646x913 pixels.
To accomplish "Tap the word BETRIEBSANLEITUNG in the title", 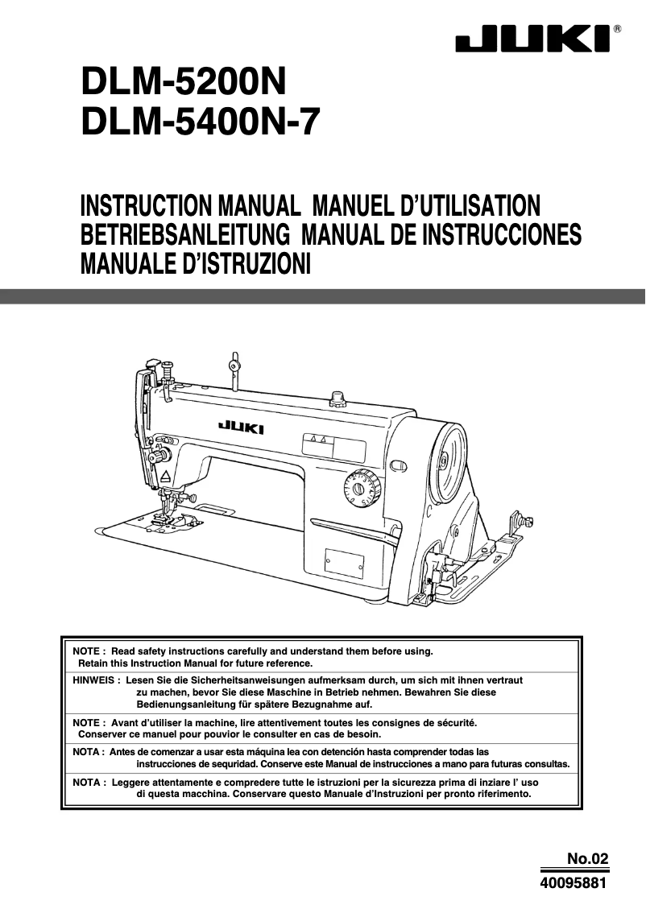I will pos(185,233).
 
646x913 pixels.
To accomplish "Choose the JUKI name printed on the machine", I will pos(241,428).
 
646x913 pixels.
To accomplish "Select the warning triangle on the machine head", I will pos(165,476).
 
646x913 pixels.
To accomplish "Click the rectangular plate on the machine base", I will pos(344,564).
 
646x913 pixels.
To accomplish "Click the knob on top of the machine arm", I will pos(339,396).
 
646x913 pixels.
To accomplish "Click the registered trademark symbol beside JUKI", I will pos(617,27).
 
